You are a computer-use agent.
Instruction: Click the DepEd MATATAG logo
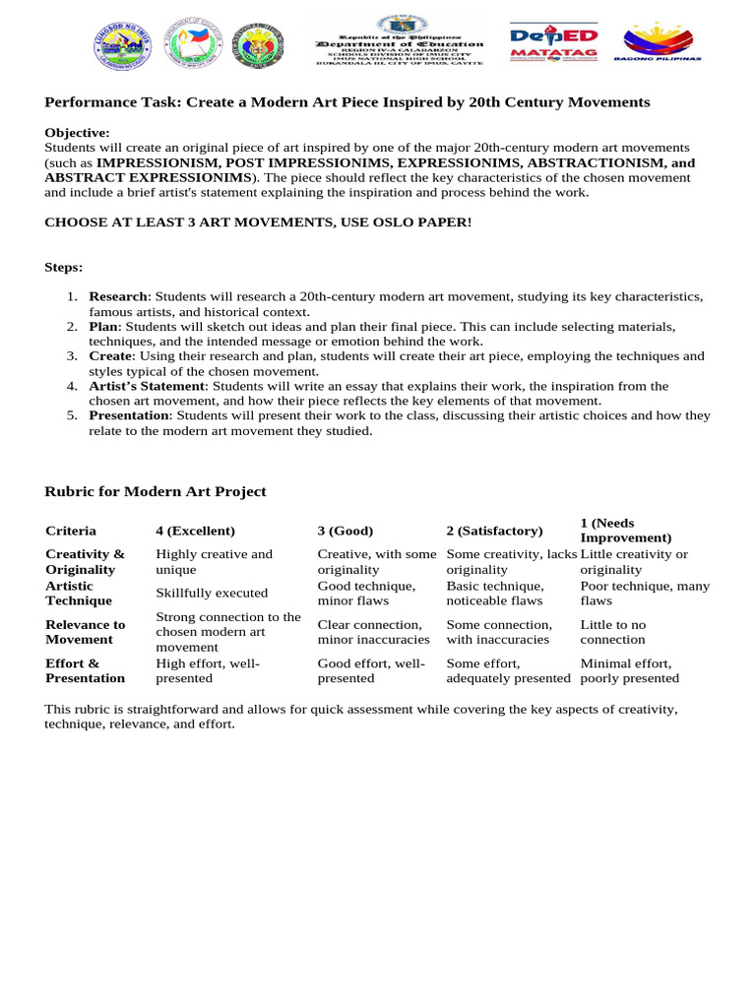pyautogui.click(x=553, y=44)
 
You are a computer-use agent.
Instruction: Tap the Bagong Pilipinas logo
pyautogui.click(x=657, y=44)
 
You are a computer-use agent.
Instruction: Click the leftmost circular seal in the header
pyautogui.click(x=123, y=45)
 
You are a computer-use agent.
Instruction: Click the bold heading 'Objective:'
pyautogui.click(x=77, y=133)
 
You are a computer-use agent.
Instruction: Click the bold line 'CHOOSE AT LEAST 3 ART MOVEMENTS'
pyautogui.click(x=258, y=222)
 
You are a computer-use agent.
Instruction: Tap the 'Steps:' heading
pyautogui.click(x=64, y=267)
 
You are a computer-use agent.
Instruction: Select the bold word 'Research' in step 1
pyautogui.click(x=118, y=296)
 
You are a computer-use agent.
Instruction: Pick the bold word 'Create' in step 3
pyautogui.click(x=110, y=355)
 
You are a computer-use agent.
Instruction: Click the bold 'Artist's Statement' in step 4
pyautogui.click(x=147, y=386)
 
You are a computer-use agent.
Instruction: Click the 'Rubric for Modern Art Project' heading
pyautogui.click(x=156, y=491)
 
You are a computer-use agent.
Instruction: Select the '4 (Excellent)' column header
pyautogui.click(x=195, y=531)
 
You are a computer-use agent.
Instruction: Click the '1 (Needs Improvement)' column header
pyautogui.click(x=625, y=531)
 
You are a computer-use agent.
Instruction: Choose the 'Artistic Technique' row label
pyautogui.click(x=79, y=593)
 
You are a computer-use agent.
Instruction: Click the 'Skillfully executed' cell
pyautogui.click(x=212, y=593)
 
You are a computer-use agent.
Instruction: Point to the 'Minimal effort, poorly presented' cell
pyautogui.click(x=629, y=670)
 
